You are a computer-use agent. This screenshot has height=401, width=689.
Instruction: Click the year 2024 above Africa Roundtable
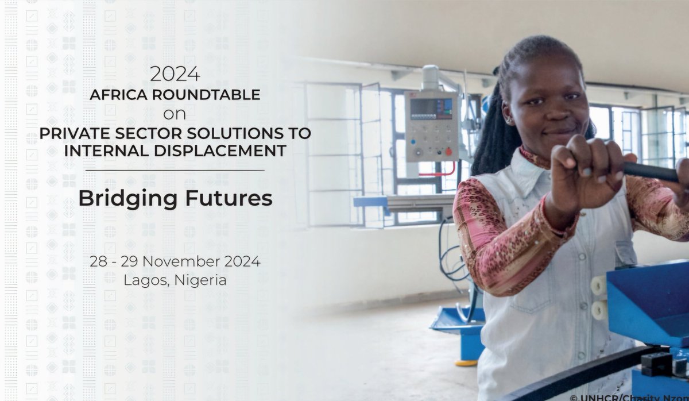pos(175,74)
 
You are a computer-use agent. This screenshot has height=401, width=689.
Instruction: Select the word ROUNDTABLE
pos(206,94)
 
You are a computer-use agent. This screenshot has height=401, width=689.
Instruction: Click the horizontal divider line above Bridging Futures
pos(175,170)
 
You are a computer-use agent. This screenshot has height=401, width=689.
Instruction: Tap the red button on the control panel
pos(448,152)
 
